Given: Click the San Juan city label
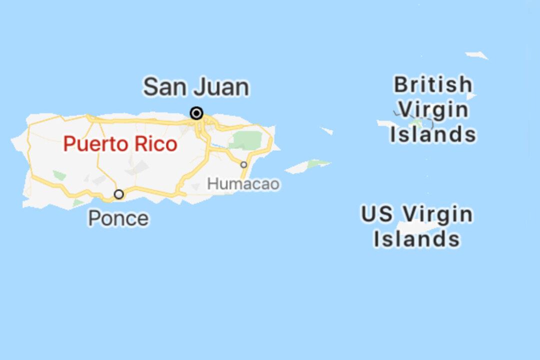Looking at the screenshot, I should [x=196, y=87].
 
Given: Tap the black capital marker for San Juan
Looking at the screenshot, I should [x=197, y=113].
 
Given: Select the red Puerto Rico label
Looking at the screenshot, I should [x=120, y=144].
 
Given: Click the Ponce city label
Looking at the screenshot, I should [x=118, y=218].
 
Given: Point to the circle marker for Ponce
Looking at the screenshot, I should [x=119, y=194].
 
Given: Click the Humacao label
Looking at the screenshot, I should [x=243, y=183].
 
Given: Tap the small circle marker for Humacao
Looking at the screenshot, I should [x=243, y=164].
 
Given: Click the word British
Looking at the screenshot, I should [x=432, y=84].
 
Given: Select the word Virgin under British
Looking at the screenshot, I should [x=433, y=109].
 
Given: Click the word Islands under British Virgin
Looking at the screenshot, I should [x=433, y=134].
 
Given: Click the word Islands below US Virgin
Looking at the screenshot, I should [x=416, y=239].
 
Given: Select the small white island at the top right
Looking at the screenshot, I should [x=477, y=55].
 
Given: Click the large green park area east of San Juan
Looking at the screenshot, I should [x=246, y=140].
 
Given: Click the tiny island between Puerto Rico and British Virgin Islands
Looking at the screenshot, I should [x=326, y=130].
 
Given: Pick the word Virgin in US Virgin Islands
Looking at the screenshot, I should [x=437, y=214].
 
